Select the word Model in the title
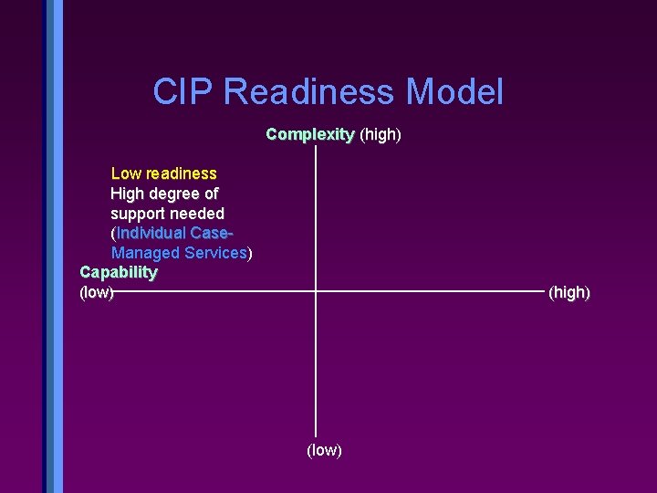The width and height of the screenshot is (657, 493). [454, 92]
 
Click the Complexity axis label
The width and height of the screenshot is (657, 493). [309, 135]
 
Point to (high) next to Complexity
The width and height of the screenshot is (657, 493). [381, 135]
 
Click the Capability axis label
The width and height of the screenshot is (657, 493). [119, 272]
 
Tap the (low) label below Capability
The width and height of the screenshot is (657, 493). [97, 292]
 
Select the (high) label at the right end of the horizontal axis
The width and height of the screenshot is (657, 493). [569, 292]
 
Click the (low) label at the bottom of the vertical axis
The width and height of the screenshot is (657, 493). [324, 450]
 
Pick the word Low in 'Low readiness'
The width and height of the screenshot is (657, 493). [126, 173]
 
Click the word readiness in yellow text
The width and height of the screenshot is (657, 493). [182, 173]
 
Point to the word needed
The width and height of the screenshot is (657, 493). [197, 214]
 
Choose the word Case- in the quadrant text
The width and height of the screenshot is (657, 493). [218, 233]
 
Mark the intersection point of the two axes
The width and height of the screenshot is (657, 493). [316, 291]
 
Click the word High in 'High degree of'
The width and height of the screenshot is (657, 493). [127, 194]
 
